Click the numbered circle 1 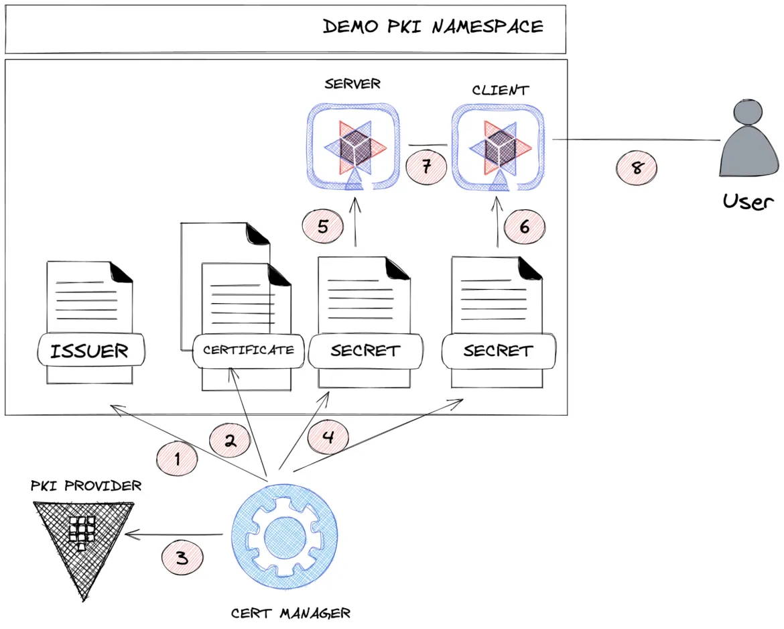click(x=177, y=459)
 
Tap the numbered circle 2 click(x=229, y=441)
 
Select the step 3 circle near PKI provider click(x=182, y=557)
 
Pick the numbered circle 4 click(x=328, y=438)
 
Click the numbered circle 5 click(x=322, y=226)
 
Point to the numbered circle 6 click(x=524, y=227)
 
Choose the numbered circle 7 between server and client click(x=426, y=165)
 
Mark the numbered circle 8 click(x=637, y=168)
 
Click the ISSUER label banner click(x=89, y=350)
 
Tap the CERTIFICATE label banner click(x=248, y=350)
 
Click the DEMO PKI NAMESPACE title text click(x=433, y=27)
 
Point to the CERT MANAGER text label click(x=290, y=612)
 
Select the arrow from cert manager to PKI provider click(x=174, y=534)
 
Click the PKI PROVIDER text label click(x=86, y=485)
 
